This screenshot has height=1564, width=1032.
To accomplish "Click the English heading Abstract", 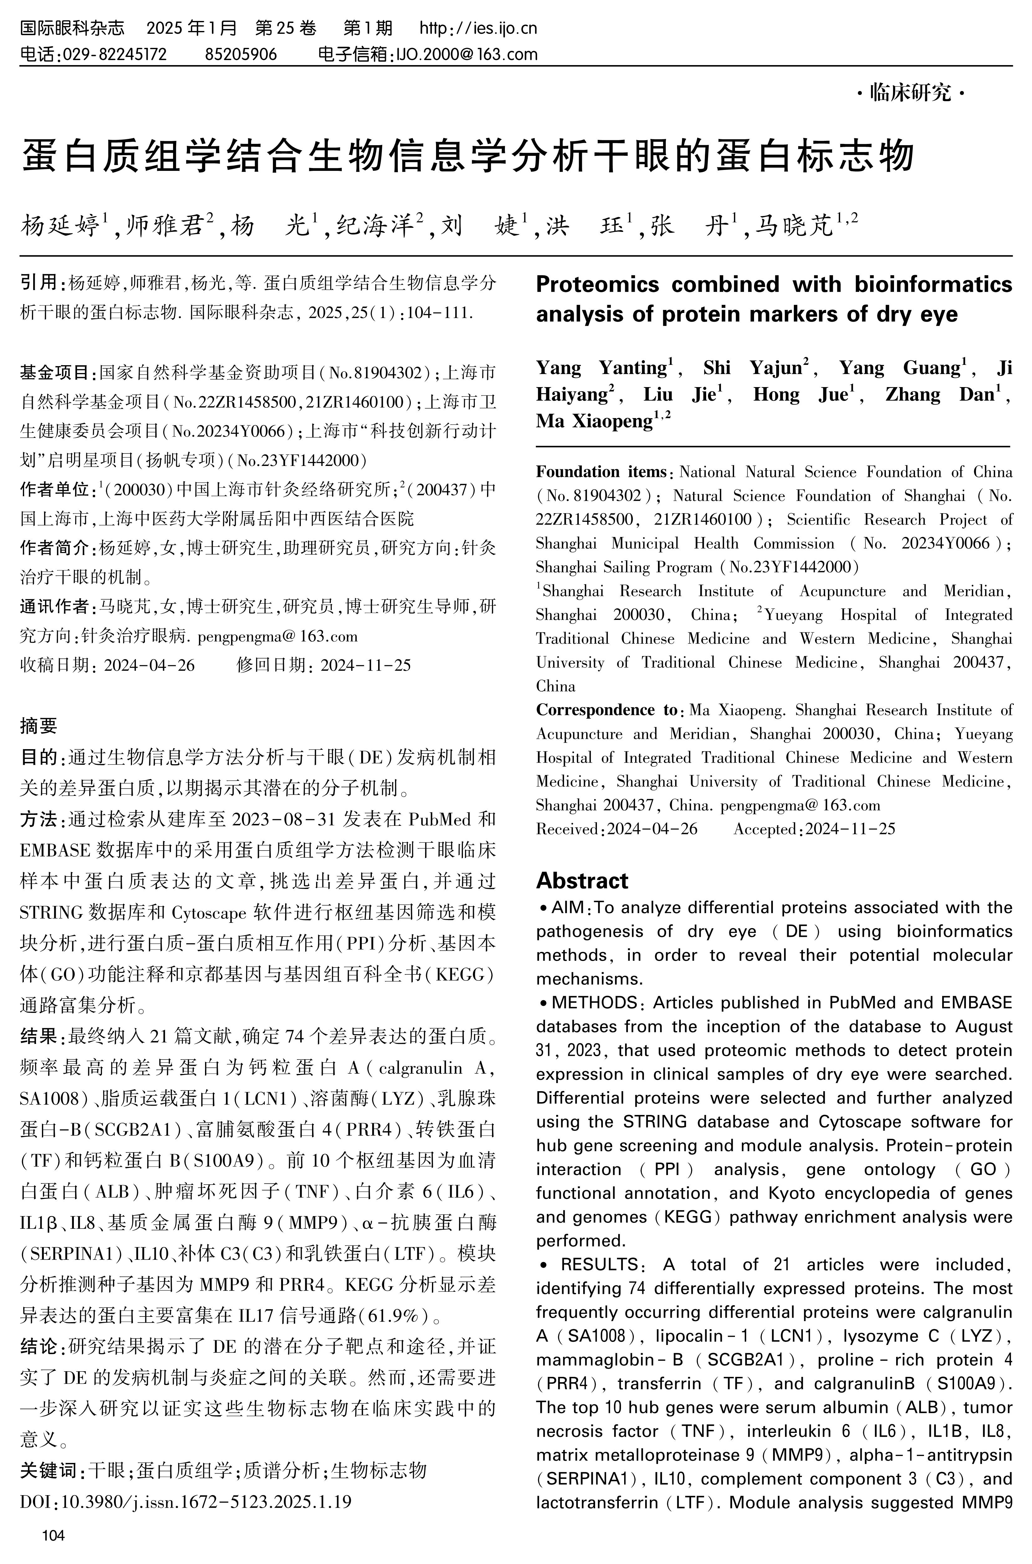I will click(582, 880).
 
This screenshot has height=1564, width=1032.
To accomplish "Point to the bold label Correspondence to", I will click(605, 710).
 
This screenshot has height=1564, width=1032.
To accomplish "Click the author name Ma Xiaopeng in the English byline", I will click(594, 421).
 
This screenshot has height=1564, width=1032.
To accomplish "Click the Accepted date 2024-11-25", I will click(850, 829).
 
